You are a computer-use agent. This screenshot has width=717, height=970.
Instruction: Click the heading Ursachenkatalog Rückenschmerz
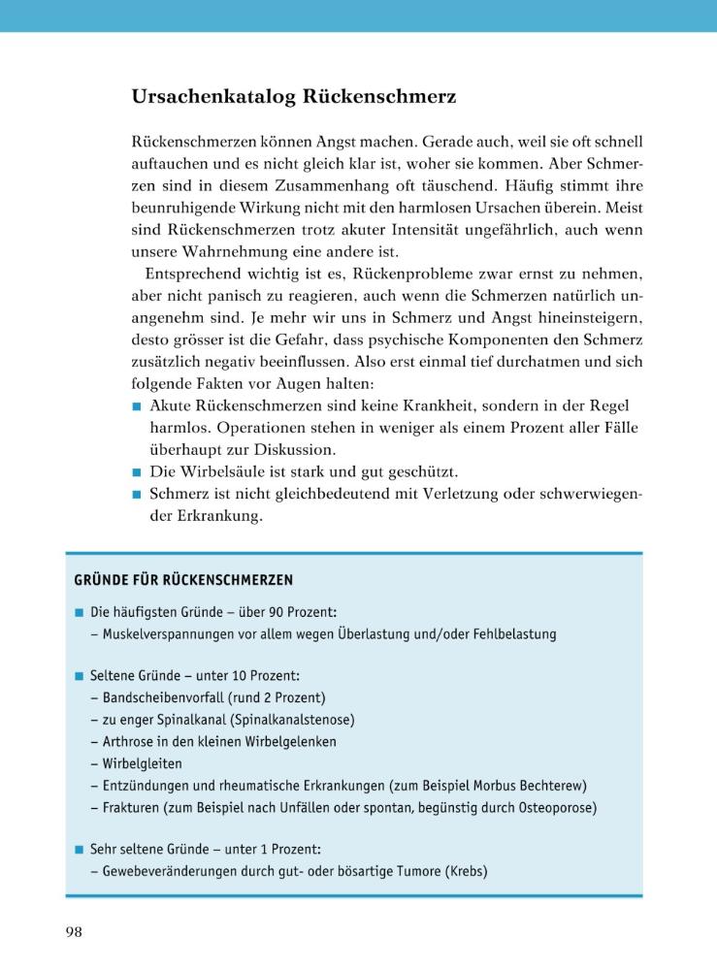click(294, 97)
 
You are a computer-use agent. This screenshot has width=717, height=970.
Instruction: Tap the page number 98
click(74, 932)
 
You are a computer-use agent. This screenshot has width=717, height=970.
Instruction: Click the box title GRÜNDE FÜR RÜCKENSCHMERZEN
click(183, 580)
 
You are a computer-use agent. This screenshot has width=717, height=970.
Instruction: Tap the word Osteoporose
click(554, 807)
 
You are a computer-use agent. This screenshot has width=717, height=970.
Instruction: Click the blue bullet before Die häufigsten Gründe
click(79, 613)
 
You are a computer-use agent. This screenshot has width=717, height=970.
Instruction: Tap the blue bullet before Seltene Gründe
click(79, 675)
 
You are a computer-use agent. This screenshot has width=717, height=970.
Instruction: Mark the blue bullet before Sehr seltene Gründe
click(79, 849)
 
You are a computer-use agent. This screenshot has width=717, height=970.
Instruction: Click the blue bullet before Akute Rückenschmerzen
click(138, 406)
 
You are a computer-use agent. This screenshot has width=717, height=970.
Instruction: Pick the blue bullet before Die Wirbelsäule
click(138, 472)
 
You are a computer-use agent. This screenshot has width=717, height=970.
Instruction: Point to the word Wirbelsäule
click(224, 472)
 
